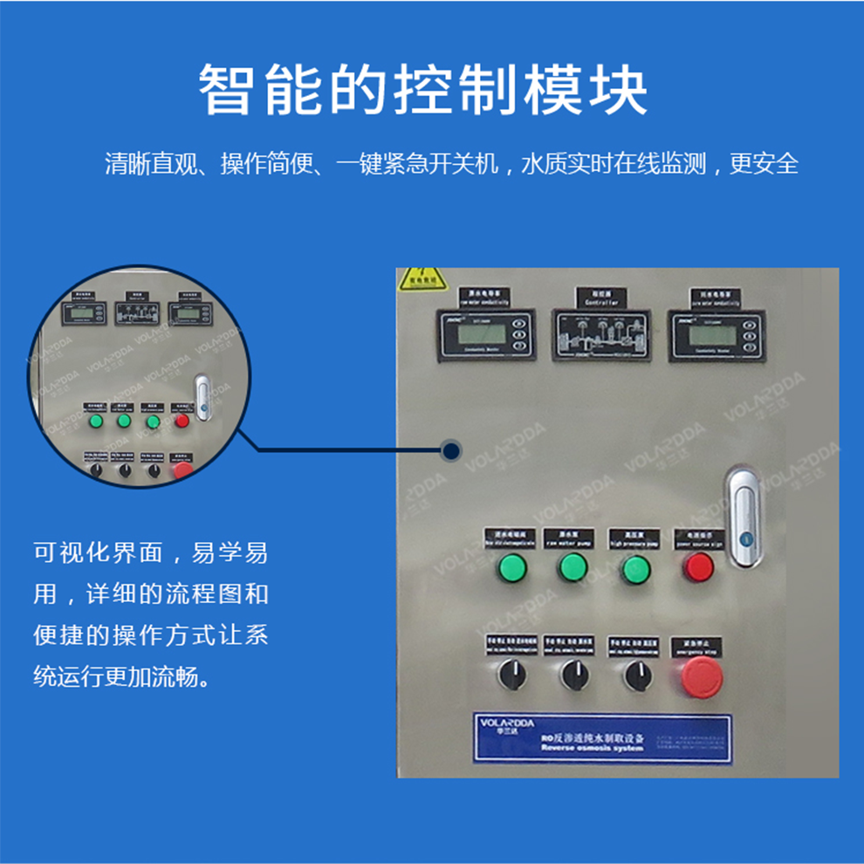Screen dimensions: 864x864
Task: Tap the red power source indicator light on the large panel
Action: click(x=699, y=568)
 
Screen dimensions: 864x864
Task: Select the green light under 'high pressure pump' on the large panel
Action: click(x=636, y=569)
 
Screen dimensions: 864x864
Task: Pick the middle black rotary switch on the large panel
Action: click(x=573, y=674)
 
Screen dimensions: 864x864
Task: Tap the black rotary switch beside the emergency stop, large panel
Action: click(x=636, y=674)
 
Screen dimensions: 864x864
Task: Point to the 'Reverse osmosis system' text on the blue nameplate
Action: click(x=592, y=749)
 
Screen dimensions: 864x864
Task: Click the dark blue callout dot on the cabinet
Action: click(x=450, y=451)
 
